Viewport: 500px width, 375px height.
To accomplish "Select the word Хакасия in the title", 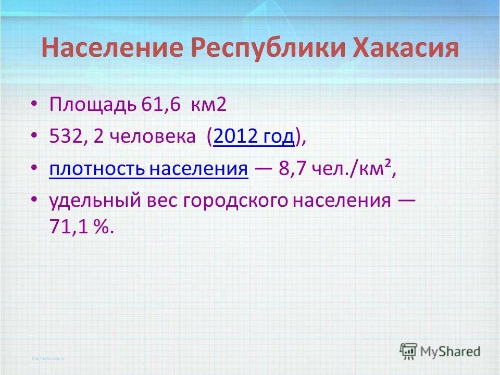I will [x=406, y=48].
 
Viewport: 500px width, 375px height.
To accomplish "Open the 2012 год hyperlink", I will [x=254, y=137].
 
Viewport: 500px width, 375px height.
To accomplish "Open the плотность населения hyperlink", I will [x=148, y=169].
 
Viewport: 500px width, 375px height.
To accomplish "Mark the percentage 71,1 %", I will [x=80, y=228].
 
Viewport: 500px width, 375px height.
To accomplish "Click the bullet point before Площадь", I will [x=34, y=105].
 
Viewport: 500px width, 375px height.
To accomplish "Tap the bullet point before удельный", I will [x=34, y=200].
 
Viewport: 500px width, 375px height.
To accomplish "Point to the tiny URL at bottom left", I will [x=46, y=358].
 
